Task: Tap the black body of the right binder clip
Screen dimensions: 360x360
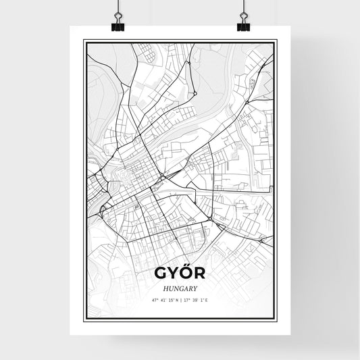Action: coord(244,27)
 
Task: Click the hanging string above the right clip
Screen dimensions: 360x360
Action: coord(244,5)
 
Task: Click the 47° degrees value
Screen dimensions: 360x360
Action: coord(155,300)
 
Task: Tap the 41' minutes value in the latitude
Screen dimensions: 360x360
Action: coord(163,300)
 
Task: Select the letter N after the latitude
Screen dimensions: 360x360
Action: coord(177,300)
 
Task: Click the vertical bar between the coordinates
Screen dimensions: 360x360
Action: coord(180,300)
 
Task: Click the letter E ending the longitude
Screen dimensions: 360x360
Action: coord(205,300)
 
